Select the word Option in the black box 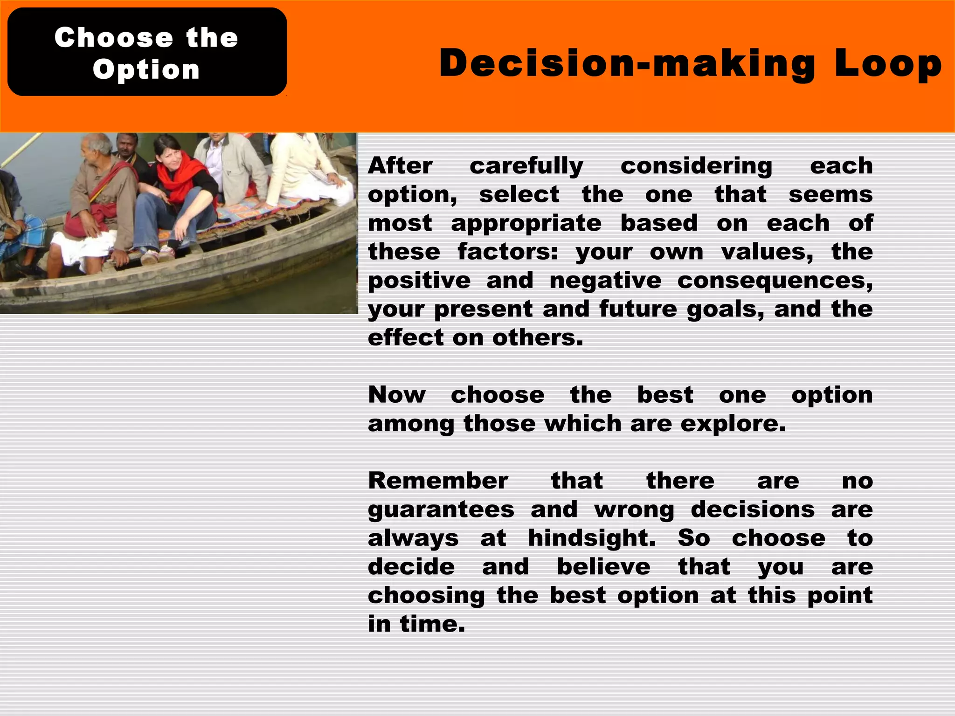146,70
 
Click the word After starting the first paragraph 400,166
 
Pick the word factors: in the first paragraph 507,252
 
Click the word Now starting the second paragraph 397,395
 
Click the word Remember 438,481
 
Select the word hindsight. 592,539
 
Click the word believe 603,567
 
